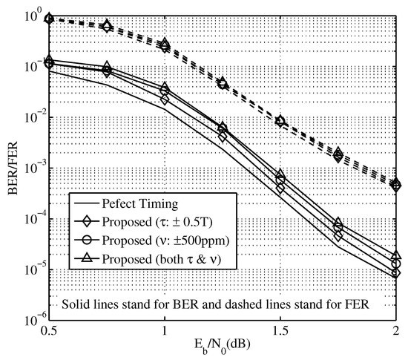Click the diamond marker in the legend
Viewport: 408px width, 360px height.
[x=88, y=220]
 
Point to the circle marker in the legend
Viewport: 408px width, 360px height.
[x=88, y=240]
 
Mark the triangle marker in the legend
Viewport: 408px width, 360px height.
[x=88, y=259]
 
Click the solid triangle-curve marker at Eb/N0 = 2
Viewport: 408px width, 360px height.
[x=396, y=255]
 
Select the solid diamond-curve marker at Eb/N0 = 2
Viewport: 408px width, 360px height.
[x=396, y=273]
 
